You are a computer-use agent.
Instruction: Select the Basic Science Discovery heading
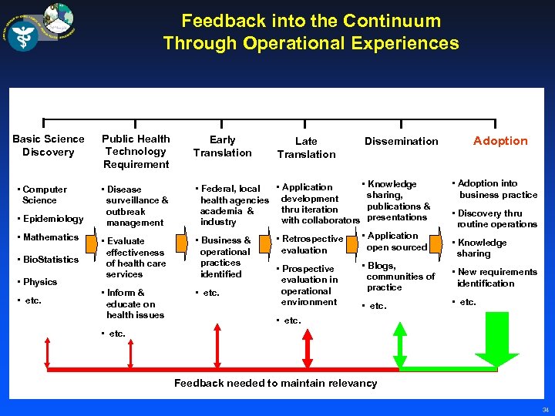tap(49, 146)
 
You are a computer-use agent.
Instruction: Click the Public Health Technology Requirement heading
tap(136, 151)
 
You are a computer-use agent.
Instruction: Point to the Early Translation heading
tap(222, 146)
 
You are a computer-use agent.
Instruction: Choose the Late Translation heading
tap(306, 147)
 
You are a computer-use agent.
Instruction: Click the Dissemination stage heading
tap(401, 141)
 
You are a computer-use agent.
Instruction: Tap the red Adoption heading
tap(500, 141)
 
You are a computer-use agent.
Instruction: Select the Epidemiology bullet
tap(52, 219)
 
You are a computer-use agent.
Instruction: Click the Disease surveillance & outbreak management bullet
tap(136, 206)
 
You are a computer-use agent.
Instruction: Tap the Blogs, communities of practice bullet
tap(399, 277)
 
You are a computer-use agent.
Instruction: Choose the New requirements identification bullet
tap(495, 277)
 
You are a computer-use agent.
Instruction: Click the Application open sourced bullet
tap(395, 242)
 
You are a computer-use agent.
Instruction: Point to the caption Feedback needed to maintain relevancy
tap(275, 383)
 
